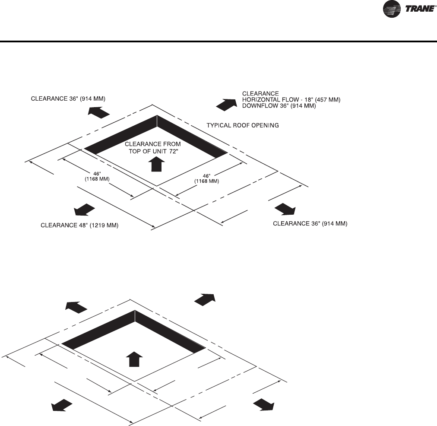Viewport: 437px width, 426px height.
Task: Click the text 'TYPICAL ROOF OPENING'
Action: (242, 125)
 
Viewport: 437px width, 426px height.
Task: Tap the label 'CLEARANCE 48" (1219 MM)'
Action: (79, 225)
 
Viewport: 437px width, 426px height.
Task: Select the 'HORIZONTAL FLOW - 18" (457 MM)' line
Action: (291, 100)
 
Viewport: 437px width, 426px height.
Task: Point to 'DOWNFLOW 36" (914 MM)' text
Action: (279, 106)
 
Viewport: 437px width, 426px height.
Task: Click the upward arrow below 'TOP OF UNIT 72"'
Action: (157, 164)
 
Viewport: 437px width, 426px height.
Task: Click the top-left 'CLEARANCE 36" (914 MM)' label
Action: (68, 99)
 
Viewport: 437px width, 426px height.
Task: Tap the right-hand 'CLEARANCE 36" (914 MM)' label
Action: (310, 223)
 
